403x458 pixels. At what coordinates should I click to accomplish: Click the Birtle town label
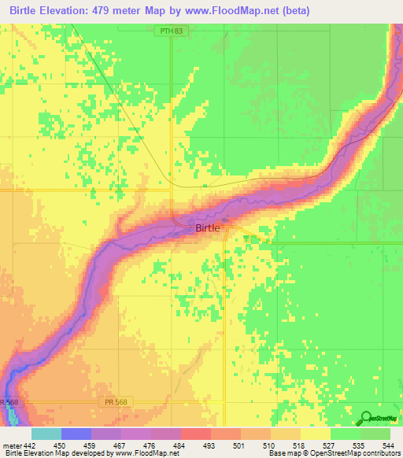pyautogui.click(x=209, y=227)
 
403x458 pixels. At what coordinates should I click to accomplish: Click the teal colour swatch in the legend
pyautogui.click(x=46, y=434)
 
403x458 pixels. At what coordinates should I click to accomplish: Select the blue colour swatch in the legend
pyautogui.click(x=76, y=434)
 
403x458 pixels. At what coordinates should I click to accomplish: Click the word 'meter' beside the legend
pyautogui.click(x=12, y=446)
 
